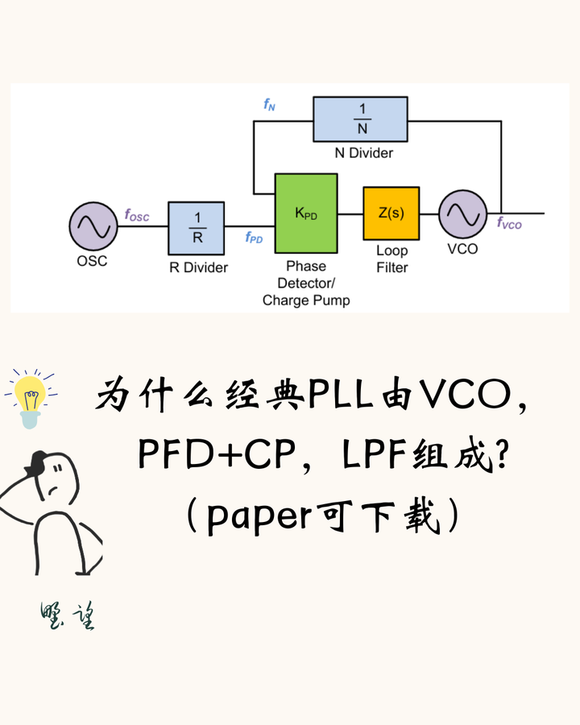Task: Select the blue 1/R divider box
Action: coord(196,228)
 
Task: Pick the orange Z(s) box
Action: coord(391,213)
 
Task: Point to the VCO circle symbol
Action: coord(462,214)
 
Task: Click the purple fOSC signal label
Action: coord(137,215)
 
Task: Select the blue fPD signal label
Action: coord(255,238)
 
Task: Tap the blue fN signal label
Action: coord(269,106)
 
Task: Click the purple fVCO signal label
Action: coord(509,224)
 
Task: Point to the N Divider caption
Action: coord(364,152)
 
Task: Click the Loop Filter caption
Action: coord(392,259)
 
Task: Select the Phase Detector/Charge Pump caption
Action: coord(306,283)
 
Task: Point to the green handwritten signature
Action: coord(68,616)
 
